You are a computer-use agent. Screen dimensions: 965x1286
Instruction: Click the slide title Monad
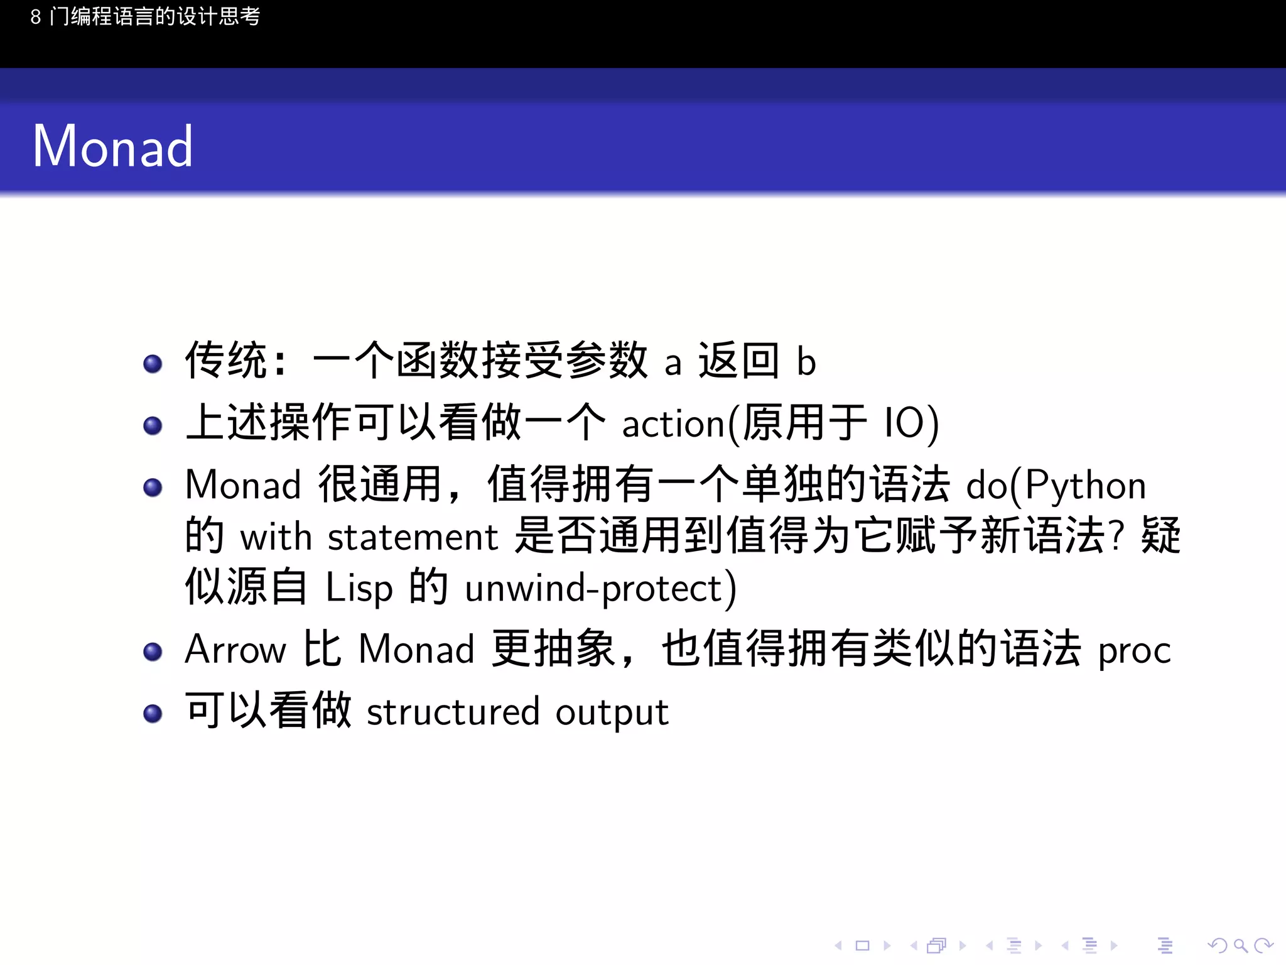[x=112, y=146]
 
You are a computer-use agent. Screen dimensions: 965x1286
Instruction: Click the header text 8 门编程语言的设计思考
[x=145, y=17]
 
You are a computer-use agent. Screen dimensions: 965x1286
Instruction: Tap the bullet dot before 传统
[x=153, y=364]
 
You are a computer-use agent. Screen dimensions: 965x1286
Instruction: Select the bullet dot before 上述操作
[x=153, y=425]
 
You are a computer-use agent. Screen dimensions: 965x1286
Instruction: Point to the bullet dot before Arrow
[x=153, y=652]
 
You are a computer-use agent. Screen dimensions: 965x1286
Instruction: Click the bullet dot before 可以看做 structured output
[x=153, y=713]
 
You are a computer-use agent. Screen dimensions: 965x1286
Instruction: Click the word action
[x=673, y=425]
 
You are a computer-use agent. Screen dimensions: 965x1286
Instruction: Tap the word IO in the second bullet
[x=904, y=423]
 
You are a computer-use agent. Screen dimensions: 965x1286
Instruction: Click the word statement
[x=413, y=538]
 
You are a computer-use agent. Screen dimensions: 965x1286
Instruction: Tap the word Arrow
[x=235, y=649]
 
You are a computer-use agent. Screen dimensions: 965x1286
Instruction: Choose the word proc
[x=1134, y=652]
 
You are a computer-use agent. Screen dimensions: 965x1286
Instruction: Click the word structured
[x=453, y=712]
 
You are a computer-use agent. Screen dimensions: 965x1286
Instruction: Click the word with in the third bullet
[x=276, y=538]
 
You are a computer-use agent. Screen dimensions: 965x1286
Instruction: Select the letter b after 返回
[x=806, y=362]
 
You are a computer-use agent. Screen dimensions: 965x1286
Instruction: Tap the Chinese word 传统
[x=226, y=361]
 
